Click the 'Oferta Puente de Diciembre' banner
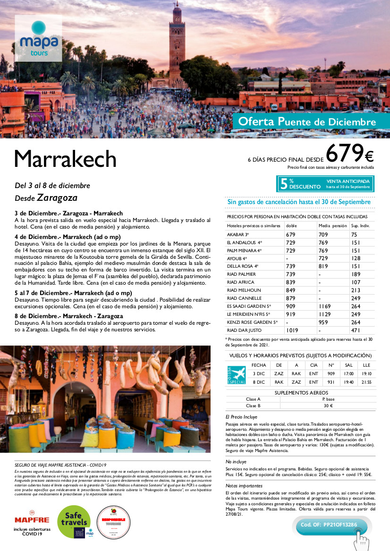pos(307,122)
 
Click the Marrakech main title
pos(65,159)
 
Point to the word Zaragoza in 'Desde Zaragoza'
pos(57,197)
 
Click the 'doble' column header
pos(292,226)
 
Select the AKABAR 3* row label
pos(238,234)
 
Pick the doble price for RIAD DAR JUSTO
pos(293,330)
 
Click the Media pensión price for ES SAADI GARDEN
pos(325,306)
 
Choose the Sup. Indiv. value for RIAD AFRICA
pos(355,282)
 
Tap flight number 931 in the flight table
pos(331,382)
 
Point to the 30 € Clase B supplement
pos(328,406)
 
